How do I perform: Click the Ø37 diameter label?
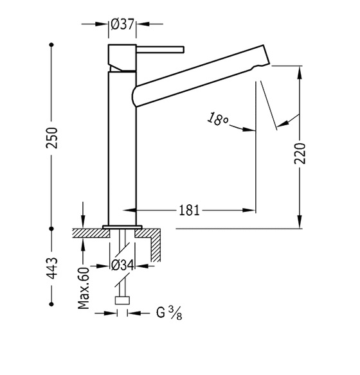122,24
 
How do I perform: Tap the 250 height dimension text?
52,138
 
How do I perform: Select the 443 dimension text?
52,268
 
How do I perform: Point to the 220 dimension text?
300,153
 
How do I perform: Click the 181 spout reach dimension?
189,211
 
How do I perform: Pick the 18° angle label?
217,119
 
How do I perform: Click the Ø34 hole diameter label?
123,265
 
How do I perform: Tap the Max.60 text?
84,288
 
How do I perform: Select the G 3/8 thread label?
169,313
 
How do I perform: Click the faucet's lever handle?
160,49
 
